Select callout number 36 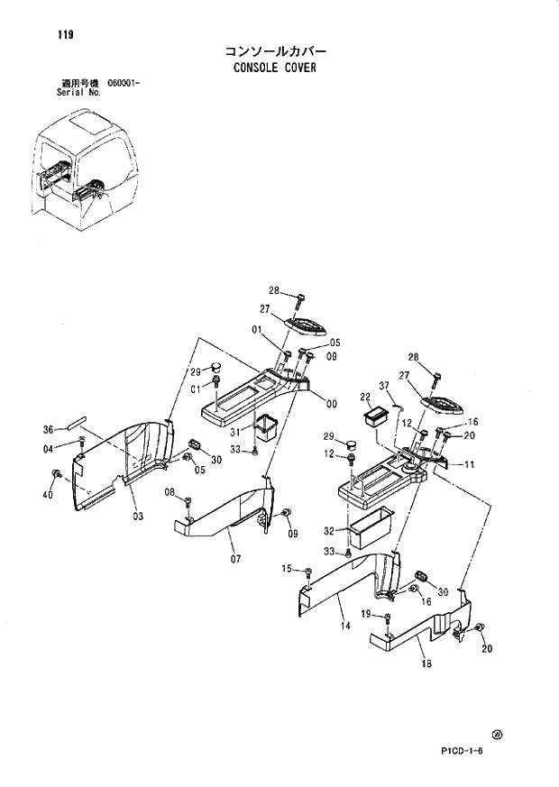[50, 429]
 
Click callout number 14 [345, 624]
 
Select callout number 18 [426, 664]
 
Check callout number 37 [384, 388]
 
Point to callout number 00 [332, 404]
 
